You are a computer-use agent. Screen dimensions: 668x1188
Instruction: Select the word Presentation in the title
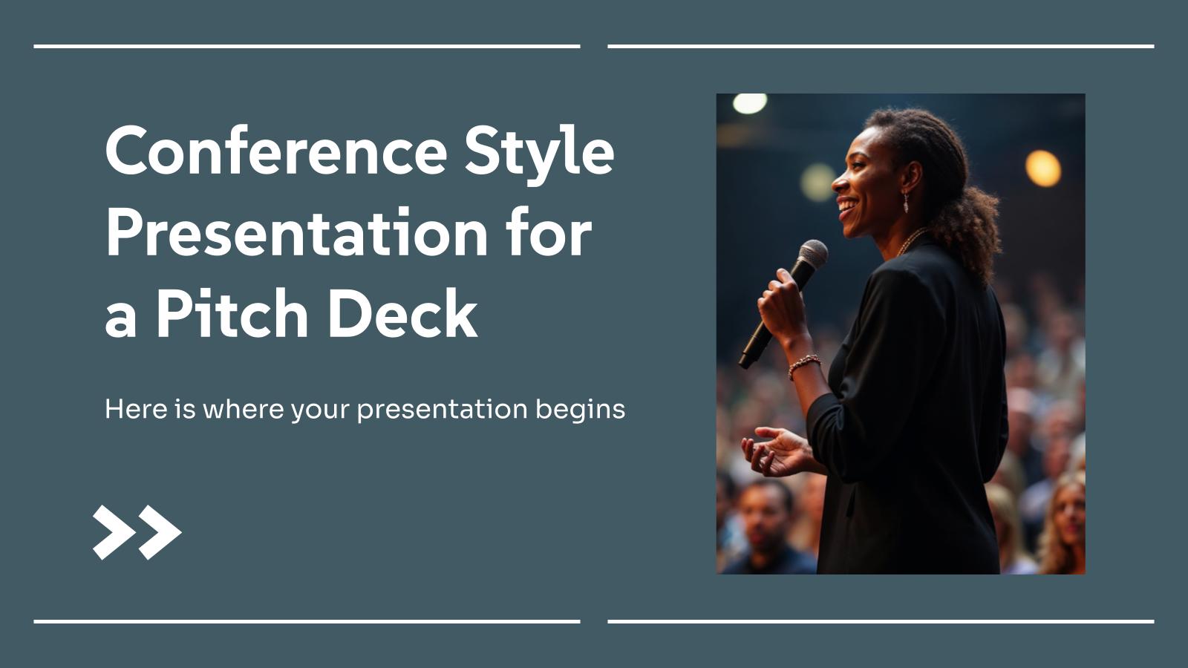(x=296, y=233)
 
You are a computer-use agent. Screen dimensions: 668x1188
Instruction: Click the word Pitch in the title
(x=232, y=313)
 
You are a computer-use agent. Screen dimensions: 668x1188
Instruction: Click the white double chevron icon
(x=137, y=531)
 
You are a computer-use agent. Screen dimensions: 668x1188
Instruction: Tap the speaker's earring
(x=906, y=203)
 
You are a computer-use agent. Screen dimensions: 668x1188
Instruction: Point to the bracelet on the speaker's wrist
(x=804, y=364)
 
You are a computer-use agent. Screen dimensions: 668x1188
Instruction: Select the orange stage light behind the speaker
(x=1043, y=168)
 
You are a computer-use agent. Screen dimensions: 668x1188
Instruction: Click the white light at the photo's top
(x=750, y=103)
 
